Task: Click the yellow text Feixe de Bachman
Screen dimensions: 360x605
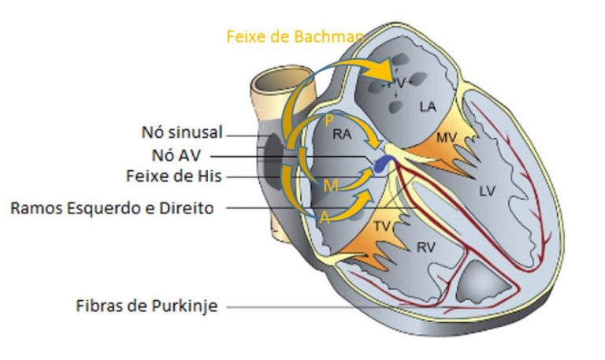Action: (295, 36)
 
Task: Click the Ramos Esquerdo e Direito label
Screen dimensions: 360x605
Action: (117, 208)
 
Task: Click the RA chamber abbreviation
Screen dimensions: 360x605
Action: (342, 135)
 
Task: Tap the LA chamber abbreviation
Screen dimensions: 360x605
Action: (428, 106)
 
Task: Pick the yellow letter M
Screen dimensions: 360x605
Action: (331, 185)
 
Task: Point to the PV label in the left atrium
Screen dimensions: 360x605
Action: (401, 82)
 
